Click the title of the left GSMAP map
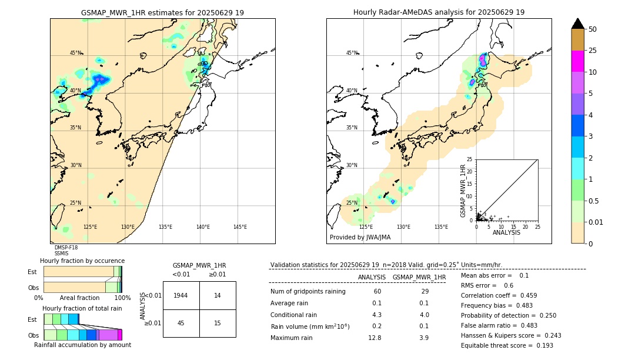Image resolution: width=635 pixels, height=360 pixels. click(162, 12)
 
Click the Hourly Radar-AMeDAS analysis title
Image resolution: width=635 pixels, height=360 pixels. click(439, 12)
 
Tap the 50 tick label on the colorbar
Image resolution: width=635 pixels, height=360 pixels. click(593, 29)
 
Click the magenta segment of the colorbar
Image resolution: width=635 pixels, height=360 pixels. click(578, 61)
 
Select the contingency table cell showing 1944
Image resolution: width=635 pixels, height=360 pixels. click(181, 295)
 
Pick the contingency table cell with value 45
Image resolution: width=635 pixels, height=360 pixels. click(181, 323)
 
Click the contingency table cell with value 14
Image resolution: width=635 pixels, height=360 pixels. click(218, 295)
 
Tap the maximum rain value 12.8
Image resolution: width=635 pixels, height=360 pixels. click(375, 338)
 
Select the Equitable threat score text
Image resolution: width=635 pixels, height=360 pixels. click(498, 345)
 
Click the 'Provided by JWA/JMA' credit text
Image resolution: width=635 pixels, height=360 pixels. click(360, 238)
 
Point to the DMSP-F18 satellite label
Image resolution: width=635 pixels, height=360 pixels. click(66, 248)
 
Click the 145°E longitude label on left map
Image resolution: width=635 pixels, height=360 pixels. click(240, 227)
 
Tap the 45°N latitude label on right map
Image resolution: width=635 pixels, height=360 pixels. click(352, 53)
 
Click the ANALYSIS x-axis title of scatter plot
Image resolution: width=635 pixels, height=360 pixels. click(506, 232)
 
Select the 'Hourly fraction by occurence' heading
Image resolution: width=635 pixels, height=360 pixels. click(82, 261)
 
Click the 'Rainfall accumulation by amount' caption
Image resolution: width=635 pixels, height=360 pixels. click(82, 345)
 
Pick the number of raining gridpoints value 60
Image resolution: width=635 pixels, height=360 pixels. click(377, 292)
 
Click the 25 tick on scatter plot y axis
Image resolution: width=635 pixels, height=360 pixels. click(470, 159)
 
